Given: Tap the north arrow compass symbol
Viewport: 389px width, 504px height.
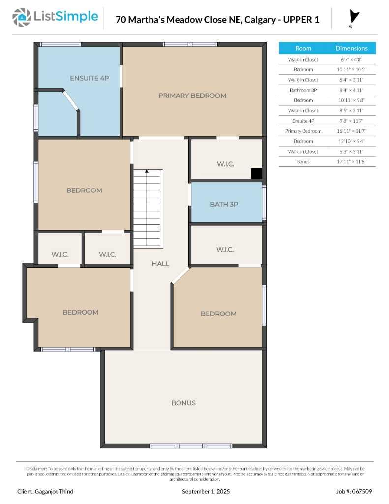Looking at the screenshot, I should pos(354,18).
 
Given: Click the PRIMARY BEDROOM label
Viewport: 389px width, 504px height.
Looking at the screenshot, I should pos(192,95).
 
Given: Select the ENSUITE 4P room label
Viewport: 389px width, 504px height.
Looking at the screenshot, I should pos(89,78).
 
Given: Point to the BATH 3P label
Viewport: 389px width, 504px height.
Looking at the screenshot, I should pos(224,204).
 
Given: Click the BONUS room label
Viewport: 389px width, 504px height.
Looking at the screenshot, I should pos(183,403).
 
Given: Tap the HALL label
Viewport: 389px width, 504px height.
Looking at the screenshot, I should pos(160,264).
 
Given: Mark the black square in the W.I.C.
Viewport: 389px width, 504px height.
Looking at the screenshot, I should pos(256,173).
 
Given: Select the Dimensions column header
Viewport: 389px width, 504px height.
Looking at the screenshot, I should pos(351,48).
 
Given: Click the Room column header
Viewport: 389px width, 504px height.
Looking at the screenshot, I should pos(303,48).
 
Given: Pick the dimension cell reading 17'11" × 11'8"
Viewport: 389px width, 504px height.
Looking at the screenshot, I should pos(351,161).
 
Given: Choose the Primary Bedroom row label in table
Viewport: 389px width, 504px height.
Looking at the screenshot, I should pos(303,131).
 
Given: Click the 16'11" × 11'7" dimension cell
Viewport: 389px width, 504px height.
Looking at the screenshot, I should pos(351,131).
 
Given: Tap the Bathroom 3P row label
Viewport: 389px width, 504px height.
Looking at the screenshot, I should pos(303,90).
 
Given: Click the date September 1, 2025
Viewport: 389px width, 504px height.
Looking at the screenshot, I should pos(206,491).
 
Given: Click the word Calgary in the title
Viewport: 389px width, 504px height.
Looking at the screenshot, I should pos(263,20).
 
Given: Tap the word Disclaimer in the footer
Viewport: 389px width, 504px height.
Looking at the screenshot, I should pos(36,468).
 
